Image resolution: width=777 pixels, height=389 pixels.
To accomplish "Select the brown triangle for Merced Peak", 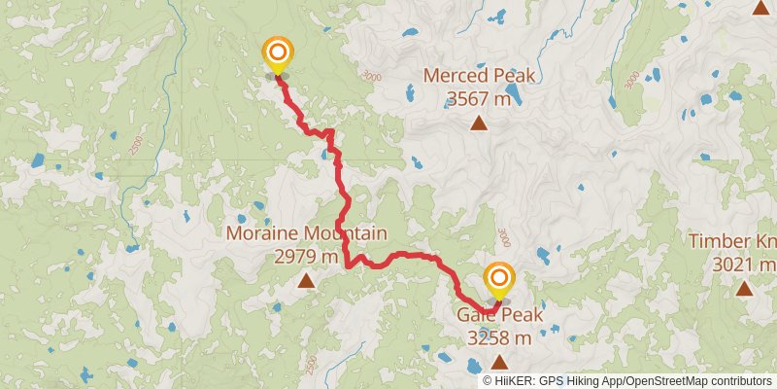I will [479, 123].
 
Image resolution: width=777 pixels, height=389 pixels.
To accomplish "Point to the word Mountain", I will [347, 234].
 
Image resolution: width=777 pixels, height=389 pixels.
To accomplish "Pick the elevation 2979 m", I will [306, 257].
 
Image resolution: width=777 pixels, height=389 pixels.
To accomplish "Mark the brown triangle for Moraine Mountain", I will [306, 281].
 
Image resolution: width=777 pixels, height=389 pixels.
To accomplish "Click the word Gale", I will [478, 316].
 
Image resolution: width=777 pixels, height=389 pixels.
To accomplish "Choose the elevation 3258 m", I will [499, 338].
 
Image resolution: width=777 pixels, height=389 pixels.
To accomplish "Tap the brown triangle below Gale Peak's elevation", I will [499, 362].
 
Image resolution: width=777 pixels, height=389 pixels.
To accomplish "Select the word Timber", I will [720, 241].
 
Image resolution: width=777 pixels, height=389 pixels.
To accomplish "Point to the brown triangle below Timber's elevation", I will [744, 288].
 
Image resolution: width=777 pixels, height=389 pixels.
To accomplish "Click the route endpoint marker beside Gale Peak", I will [499, 277].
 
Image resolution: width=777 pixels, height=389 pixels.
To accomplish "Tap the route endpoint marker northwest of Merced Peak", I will [278, 53].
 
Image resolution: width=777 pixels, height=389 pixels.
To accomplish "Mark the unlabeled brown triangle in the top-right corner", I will [761, 8].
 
